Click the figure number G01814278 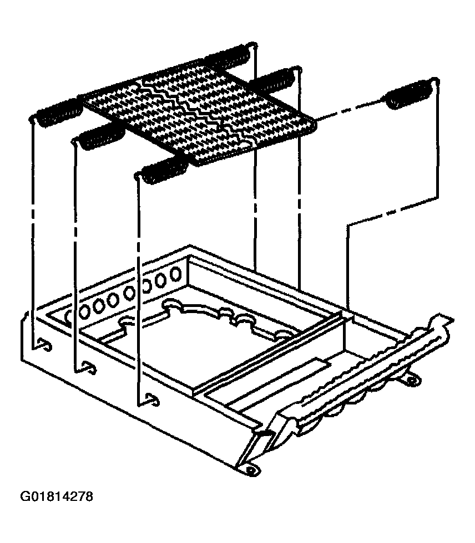pyautogui.click(x=57, y=496)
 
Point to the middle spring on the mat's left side pyautogui.click(x=100, y=136)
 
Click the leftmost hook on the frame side pyautogui.click(x=44, y=344)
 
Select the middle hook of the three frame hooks pyautogui.click(x=89, y=367)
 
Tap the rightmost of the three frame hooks pyautogui.click(x=152, y=398)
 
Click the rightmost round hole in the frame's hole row pyautogui.click(x=176, y=274)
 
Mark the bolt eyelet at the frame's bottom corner pyautogui.click(x=250, y=469)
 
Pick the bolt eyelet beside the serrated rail pyautogui.click(x=412, y=380)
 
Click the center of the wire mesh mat pyautogui.click(x=199, y=114)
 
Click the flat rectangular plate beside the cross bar pyautogui.click(x=281, y=381)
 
